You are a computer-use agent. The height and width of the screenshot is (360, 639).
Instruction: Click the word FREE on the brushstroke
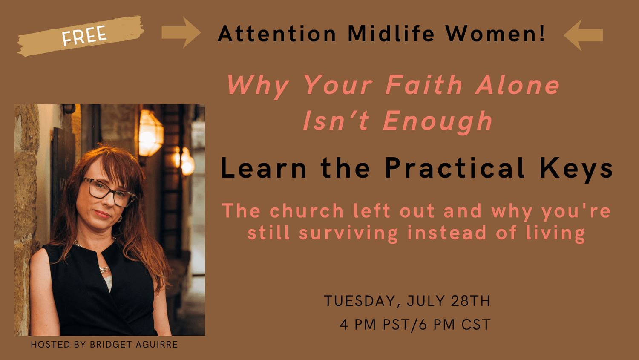point(84,35)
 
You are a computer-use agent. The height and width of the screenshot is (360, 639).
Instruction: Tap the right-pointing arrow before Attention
point(181,32)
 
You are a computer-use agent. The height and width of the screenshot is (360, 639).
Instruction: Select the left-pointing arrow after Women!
point(583,35)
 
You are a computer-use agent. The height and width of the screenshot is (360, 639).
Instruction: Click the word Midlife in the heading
point(391,34)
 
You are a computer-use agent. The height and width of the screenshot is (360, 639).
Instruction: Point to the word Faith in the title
point(424,84)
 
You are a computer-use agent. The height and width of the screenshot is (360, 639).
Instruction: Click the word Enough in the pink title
point(438,121)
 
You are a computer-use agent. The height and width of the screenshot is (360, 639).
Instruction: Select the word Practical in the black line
point(455,168)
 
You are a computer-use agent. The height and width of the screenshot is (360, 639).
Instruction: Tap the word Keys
point(576,170)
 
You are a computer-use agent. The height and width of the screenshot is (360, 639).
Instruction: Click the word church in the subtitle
point(307,211)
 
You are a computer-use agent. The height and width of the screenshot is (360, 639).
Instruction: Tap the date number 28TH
point(470,301)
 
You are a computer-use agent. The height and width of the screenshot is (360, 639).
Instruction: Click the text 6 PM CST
point(455,325)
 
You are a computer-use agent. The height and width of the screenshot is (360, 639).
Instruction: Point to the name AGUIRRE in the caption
point(157,344)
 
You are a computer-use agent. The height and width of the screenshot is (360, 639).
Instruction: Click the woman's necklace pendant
point(104,269)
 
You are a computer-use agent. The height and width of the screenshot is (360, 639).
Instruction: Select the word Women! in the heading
point(495,34)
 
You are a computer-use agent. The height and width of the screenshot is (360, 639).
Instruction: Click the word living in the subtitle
point(556,234)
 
